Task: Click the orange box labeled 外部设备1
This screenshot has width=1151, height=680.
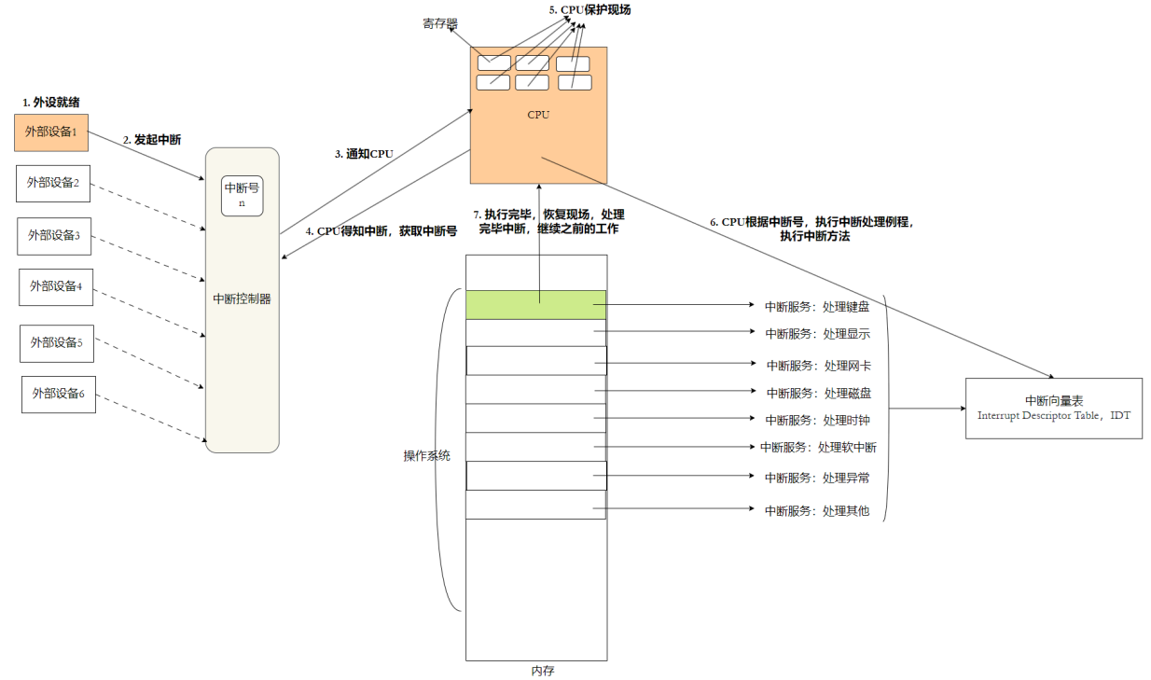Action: click(51, 132)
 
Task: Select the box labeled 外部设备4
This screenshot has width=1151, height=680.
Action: click(56, 286)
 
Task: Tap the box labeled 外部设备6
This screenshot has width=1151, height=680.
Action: click(59, 394)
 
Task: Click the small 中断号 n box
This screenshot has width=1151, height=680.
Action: click(242, 194)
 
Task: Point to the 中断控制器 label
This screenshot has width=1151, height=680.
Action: click(242, 299)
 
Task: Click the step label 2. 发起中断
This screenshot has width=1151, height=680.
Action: click(152, 140)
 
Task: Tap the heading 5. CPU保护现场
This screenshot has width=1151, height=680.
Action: click(591, 10)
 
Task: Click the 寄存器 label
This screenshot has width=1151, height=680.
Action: click(439, 22)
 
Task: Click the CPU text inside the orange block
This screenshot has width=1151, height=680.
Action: click(538, 116)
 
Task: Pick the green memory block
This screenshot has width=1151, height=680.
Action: click(536, 304)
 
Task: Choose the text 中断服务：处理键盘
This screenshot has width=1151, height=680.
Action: click(817, 305)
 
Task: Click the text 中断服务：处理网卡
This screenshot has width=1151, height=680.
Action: click(818, 365)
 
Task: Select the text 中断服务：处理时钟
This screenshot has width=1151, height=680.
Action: click(817, 420)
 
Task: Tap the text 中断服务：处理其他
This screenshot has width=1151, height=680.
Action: click(817, 510)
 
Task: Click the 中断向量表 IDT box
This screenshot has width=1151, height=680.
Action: click(1053, 408)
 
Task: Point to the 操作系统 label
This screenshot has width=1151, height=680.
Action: click(426, 456)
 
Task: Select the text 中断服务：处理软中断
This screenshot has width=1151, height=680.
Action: click(818, 447)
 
